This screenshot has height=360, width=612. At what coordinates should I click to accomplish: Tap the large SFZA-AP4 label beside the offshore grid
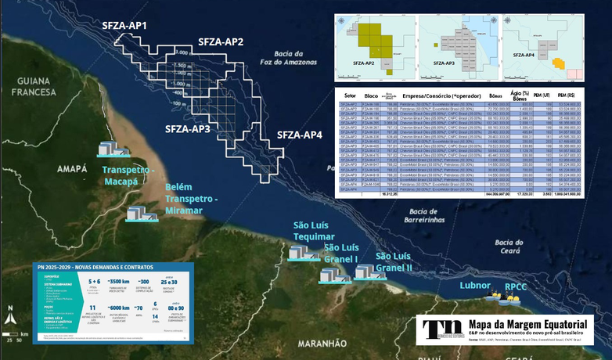tap(300, 135)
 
